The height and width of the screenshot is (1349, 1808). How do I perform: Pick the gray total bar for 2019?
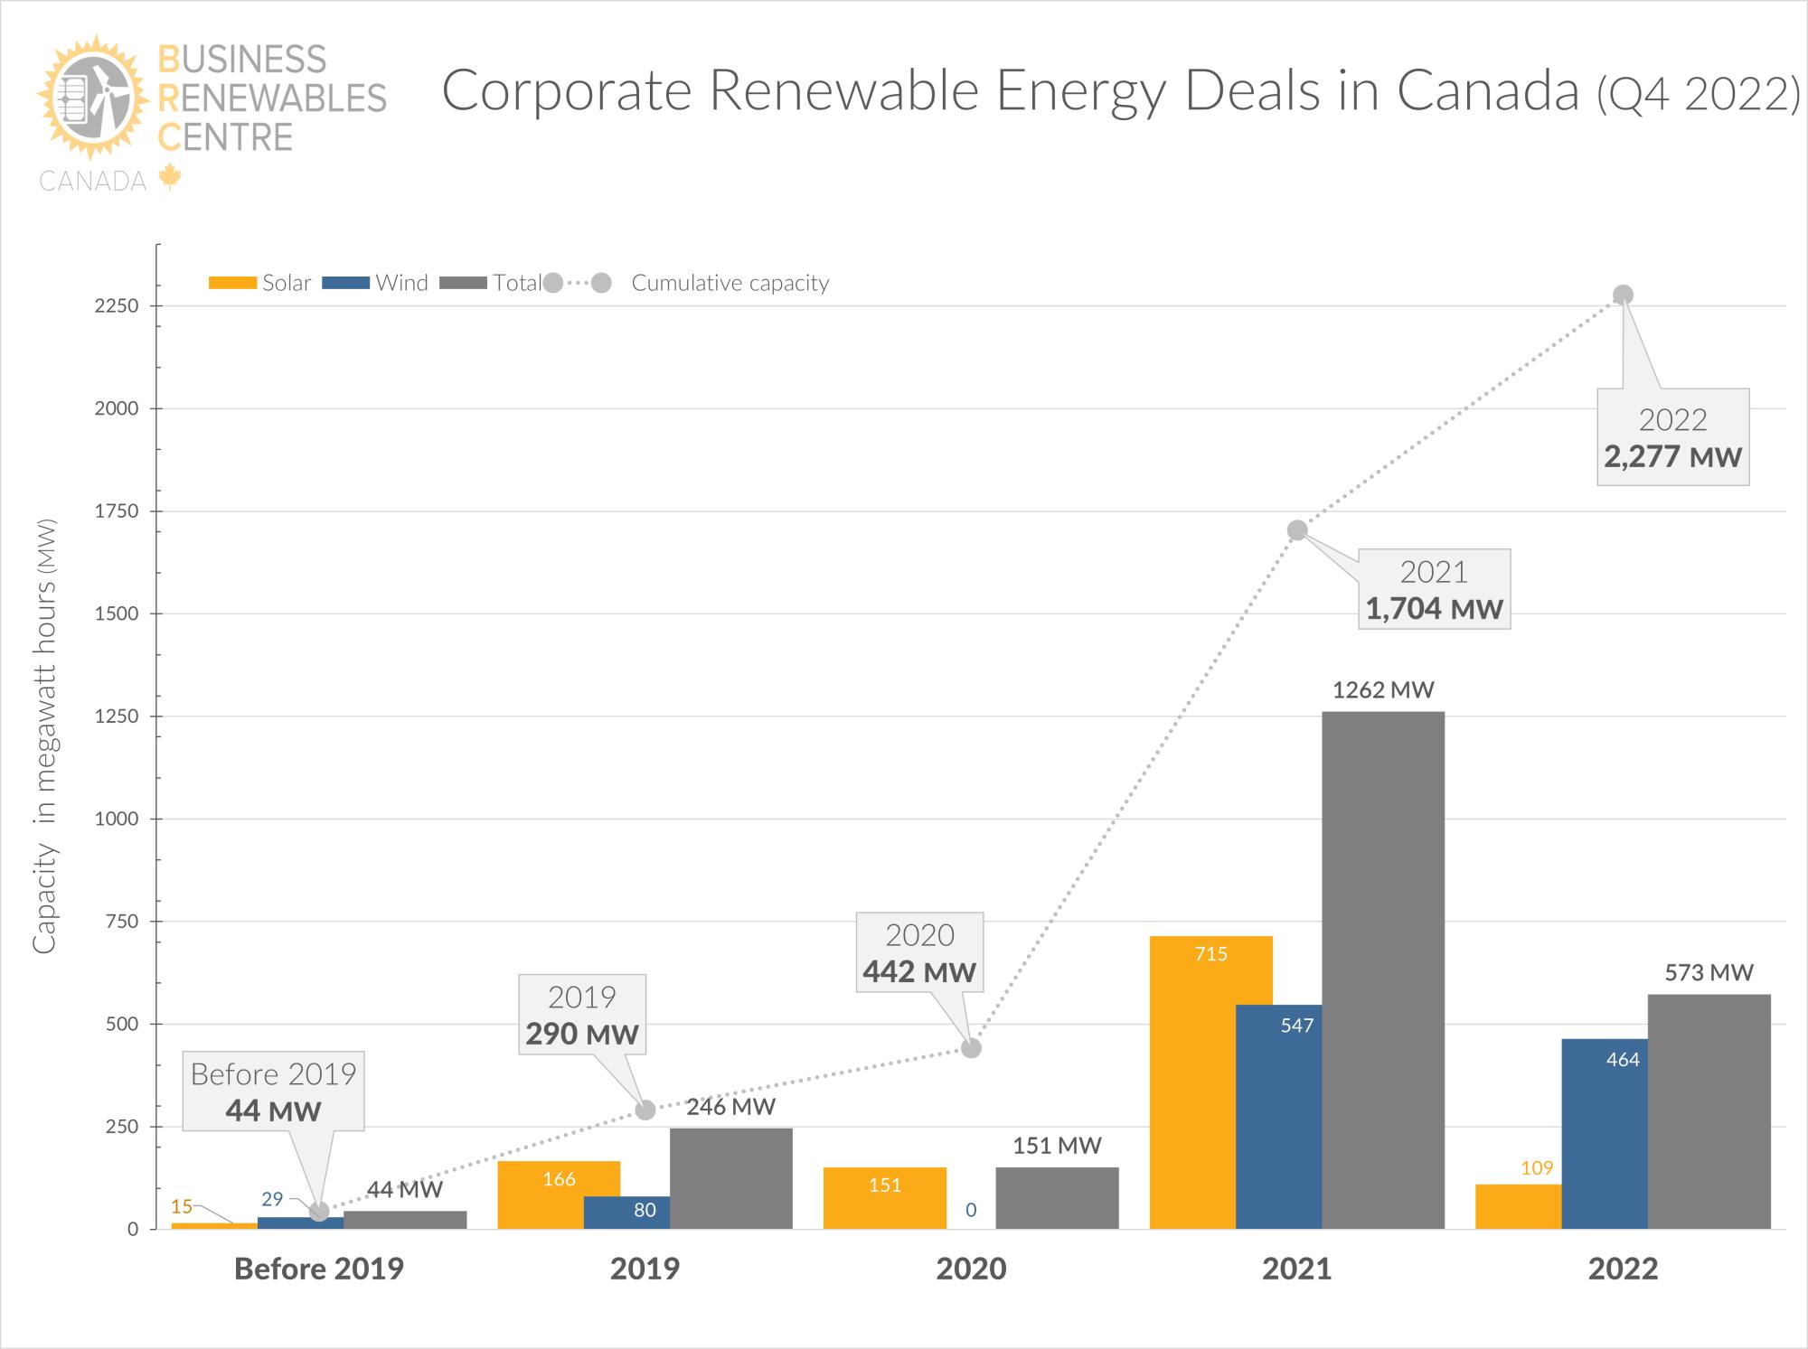pos(730,1178)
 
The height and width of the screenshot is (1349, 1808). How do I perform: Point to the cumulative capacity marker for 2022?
pos(1623,295)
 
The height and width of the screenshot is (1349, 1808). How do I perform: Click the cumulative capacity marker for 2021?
pos(1296,530)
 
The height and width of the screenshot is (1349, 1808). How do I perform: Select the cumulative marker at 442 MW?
pos(971,1048)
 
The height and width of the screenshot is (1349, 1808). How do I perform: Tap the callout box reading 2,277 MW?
pos(1672,437)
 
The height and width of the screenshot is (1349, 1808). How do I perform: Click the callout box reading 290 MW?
pos(582,1015)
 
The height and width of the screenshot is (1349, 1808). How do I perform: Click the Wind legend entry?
pos(375,283)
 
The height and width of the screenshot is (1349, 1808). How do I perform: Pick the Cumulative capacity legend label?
pos(730,283)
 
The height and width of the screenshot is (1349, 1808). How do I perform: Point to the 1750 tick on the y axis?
pos(118,511)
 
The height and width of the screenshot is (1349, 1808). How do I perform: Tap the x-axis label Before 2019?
pos(318,1269)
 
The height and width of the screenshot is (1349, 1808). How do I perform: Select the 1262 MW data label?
pos(1383,690)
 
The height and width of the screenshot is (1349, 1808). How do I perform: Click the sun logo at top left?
pos(93,95)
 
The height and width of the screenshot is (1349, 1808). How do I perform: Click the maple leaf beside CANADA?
pos(169,177)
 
